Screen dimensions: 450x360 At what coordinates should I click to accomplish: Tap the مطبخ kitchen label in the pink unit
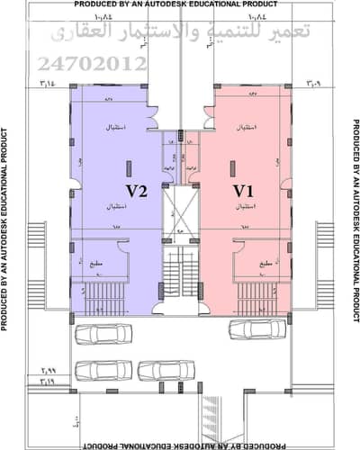click(x=267, y=264)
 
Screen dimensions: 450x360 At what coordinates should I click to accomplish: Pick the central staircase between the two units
click(x=180, y=270)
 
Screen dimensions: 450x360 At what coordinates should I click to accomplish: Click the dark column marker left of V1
click(x=232, y=167)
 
